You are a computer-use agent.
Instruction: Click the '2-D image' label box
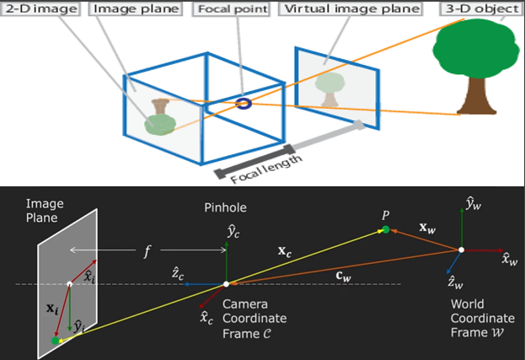[41, 9]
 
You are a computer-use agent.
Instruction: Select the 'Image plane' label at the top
[136, 9]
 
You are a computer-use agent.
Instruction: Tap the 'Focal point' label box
[232, 9]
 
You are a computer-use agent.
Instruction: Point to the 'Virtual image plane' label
[351, 9]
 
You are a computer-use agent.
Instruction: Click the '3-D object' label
[482, 9]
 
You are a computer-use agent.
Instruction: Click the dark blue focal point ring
[244, 104]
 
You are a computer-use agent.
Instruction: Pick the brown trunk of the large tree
[476, 96]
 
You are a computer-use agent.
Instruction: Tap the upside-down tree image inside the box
[160, 116]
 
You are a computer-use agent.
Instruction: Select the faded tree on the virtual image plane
[329, 89]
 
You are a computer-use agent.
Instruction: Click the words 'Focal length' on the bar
[266, 169]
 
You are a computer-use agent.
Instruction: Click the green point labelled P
[386, 229]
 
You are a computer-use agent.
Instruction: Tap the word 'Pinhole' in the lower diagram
[225, 207]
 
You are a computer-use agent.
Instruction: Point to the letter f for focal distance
[147, 251]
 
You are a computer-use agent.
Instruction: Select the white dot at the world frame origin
[462, 250]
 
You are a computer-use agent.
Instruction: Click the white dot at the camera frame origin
[227, 284]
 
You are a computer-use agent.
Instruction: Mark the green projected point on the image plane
[56, 341]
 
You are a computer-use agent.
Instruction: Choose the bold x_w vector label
[427, 228]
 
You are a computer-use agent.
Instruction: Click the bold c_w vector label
[344, 277]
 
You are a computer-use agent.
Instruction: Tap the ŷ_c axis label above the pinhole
[233, 232]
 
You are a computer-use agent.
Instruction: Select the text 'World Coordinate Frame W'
[483, 318]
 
